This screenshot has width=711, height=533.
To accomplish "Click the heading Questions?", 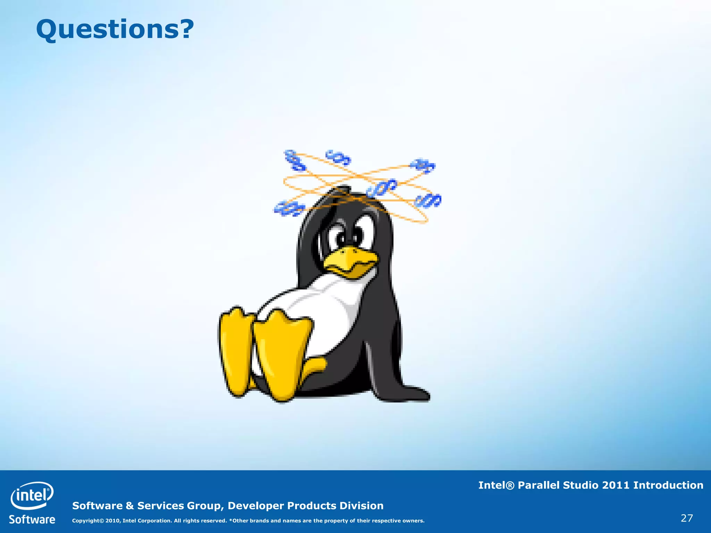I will tap(115, 29).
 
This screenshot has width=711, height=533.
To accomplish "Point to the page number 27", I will tap(687, 518).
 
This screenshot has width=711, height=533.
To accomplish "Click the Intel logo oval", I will tap(32, 495).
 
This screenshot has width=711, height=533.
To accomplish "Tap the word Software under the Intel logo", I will tap(32, 519).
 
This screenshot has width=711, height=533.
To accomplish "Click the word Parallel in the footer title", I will tap(538, 485).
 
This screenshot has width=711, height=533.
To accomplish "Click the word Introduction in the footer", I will tap(668, 485).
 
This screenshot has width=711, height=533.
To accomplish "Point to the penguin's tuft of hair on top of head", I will tap(342, 190).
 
